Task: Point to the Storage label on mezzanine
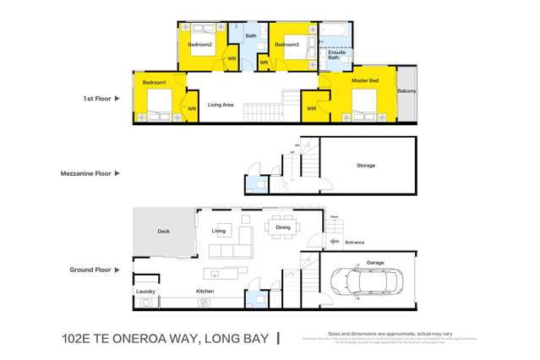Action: pyautogui.click(x=365, y=166)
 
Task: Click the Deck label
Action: pyautogui.click(x=164, y=231)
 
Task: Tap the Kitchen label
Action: pyautogui.click(x=205, y=291)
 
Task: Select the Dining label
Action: pyautogui.click(x=282, y=226)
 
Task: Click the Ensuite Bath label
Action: pyautogui.click(x=335, y=55)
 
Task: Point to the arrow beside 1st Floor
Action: pyautogui.click(x=117, y=99)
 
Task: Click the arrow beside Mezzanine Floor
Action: pyautogui.click(x=117, y=173)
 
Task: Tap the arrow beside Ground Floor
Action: pyautogui.click(x=117, y=270)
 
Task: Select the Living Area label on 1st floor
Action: pyautogui.click(x=221, y=105)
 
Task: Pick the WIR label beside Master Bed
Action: pyautogui.click(x=312, y=108)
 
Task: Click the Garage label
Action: pyautogui.click(x=375, y=263)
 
